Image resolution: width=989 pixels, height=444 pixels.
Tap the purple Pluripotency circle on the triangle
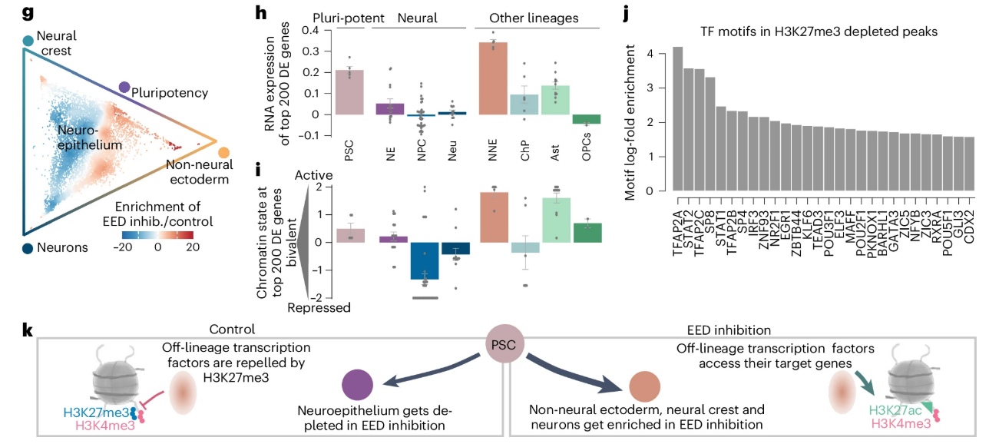tap(124, 89)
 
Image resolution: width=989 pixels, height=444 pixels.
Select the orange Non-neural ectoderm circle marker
tap(223, 153)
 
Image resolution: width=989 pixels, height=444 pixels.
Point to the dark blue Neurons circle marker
tap(28, 248)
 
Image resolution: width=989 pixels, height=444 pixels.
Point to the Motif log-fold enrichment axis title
tap(631, 123)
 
